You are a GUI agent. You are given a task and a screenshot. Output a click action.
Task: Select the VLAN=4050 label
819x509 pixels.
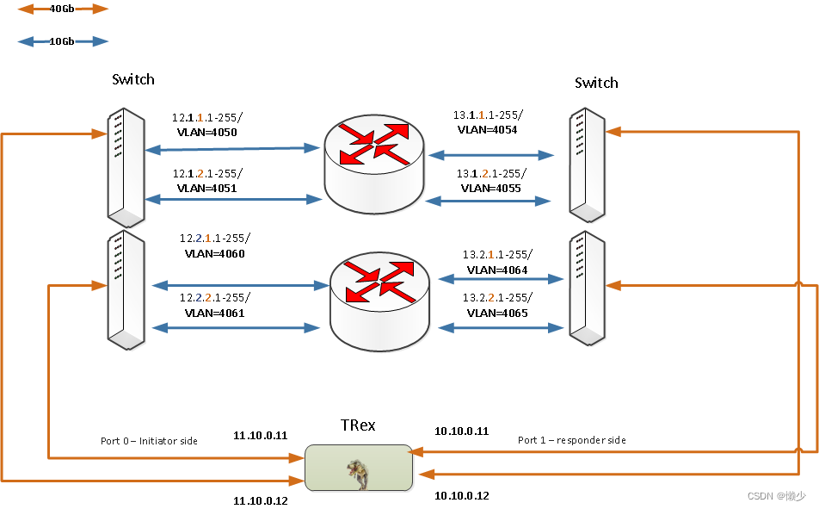tap(206, 133)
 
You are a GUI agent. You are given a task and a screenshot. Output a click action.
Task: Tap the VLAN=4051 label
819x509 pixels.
tap(206, 188)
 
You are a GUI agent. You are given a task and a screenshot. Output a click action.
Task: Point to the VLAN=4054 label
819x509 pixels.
tap(488, 130)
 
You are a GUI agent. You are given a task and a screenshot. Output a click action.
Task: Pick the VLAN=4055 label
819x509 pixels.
tap(490, 188)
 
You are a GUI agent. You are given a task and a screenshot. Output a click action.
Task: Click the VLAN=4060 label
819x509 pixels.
tap(215, 254)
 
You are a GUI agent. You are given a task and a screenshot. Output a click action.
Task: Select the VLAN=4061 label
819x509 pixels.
tap(214, 313)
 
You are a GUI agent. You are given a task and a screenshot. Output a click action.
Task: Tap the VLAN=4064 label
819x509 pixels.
tap(497, 270)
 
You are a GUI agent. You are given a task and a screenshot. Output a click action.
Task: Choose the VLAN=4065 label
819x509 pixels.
tap(497, 313)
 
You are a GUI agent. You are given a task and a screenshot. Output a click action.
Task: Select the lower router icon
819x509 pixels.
tap(379, 294)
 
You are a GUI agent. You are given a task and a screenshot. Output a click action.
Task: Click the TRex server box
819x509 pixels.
tap(358, 468)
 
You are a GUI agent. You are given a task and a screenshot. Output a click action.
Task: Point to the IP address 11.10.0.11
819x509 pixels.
tap(261, 436)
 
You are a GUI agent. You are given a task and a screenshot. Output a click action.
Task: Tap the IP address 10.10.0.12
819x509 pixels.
tap(461, 495)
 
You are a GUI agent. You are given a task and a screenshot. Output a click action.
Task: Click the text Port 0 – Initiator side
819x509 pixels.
tap(149, 441)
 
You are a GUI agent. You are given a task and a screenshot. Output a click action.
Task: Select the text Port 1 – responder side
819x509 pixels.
tap(571, 440)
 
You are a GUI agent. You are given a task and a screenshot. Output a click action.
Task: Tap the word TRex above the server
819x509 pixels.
tap(358, 426)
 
